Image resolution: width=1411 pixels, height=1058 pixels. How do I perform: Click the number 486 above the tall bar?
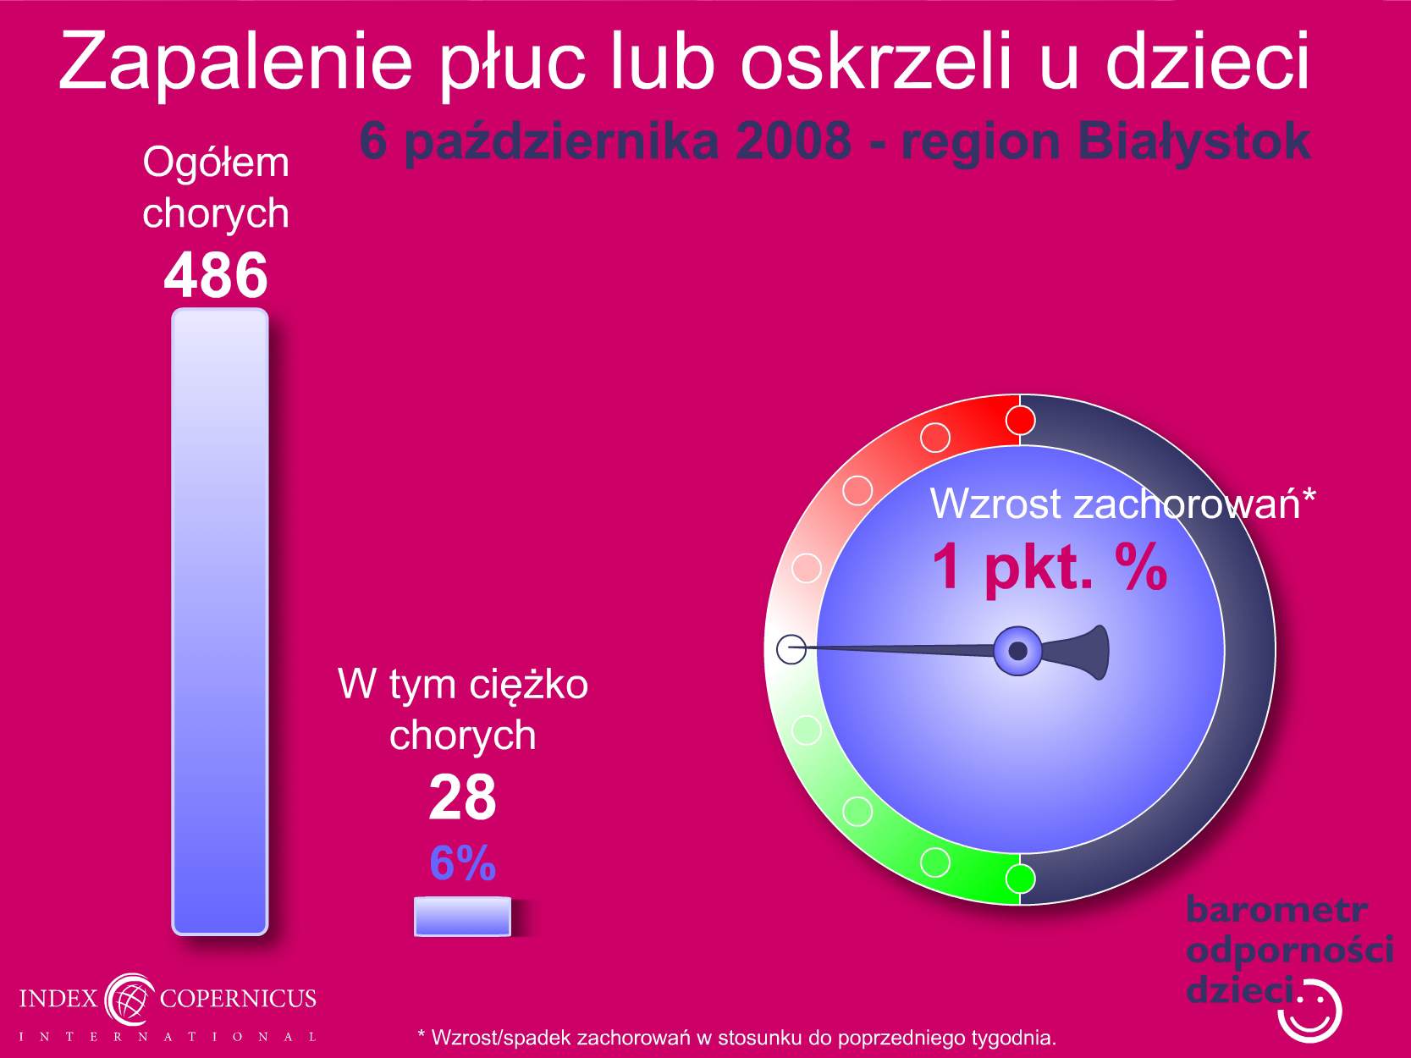click(216, 275)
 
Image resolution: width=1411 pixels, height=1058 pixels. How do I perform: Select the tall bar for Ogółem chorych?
click(220, 621)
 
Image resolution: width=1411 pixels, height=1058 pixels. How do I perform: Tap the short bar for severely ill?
click(462, 917)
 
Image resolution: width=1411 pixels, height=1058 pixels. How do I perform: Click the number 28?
click(463, 797)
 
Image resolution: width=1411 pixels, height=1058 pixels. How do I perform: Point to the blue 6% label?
click(463, 863)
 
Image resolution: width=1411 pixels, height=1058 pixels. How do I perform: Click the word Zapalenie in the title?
click(235, 63)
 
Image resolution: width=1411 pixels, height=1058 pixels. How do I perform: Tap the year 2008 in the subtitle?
click(794, 141)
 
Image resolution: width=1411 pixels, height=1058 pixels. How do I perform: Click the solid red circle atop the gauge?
click(1020, 421)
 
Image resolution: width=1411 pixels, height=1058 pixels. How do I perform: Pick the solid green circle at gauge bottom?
click(1020, 879)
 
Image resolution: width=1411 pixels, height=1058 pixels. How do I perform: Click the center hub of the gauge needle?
click(1017, 651)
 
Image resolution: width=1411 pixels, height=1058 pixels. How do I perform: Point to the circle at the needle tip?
click(791, 649)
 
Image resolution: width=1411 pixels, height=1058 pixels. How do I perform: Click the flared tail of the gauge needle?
click(1080, 652)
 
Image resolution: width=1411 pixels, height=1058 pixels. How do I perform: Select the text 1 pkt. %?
click(1049, 567)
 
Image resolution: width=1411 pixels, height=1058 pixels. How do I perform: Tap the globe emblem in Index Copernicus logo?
click(130, 999)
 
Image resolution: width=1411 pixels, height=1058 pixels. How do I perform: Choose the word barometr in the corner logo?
click(1276, 910)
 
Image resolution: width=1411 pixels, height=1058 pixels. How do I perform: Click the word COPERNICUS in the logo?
click(238, 998)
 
